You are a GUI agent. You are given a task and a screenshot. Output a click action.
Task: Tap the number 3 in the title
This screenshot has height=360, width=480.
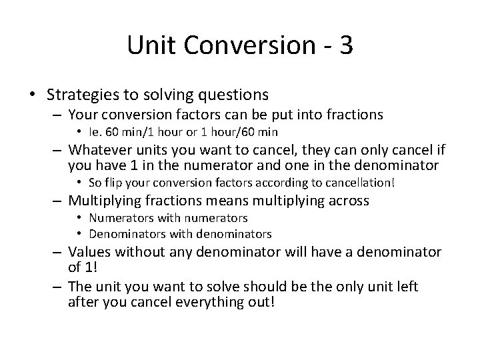[345, 45]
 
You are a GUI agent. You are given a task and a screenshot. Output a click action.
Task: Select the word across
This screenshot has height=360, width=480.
[347, 200]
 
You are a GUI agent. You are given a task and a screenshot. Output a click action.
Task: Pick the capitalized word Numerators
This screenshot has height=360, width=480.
[121, 217]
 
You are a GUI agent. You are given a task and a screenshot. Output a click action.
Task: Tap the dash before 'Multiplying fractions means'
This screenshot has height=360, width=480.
[59, 200]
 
